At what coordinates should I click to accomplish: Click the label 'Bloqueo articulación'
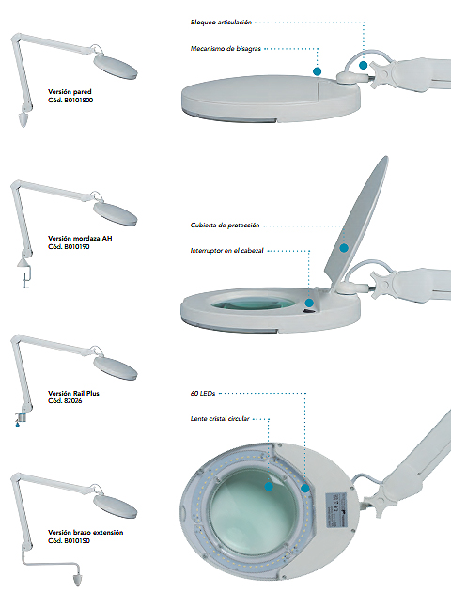pos(221,23)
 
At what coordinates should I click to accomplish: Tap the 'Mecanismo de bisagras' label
pos(225,48)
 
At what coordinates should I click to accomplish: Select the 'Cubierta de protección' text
pos(225,226)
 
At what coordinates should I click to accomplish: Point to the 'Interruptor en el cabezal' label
pos(226,251)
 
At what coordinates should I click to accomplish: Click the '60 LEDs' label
pos(203,393)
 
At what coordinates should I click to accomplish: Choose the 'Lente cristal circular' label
pos(220,419)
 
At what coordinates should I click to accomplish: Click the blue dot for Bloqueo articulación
pos(363,66)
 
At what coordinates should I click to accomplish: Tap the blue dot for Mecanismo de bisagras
pos(317,71)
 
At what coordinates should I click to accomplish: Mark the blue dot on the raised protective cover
pos(344,248)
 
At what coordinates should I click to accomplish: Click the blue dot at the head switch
pos(309,303)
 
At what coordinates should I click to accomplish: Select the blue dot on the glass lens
pos(269,487)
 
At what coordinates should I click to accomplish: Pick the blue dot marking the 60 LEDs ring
pos(305,489)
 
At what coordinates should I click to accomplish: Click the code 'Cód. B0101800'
pos(70,100)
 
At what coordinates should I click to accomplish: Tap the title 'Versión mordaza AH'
pos(80,239)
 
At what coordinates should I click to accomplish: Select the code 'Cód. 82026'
pos(65,400)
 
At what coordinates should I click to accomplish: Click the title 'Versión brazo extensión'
pos(86,533)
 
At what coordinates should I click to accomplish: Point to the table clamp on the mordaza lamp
pos(24,273)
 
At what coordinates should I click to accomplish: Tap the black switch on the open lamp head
pos(309,311)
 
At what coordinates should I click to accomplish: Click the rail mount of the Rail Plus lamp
pos(21,418)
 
